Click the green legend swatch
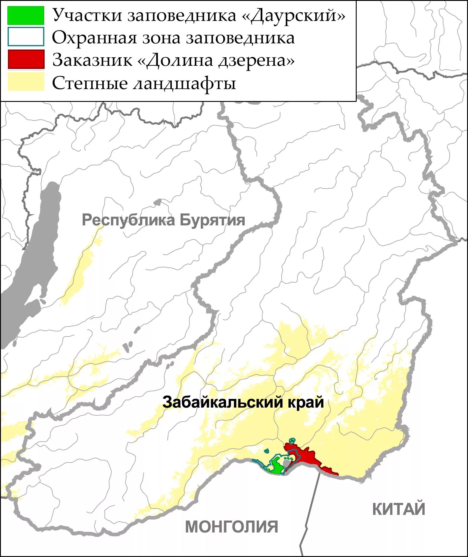tap(26, 15)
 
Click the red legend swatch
tap(26, 59)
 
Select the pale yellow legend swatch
tap(26, 81)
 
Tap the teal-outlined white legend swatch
tap(26, 37)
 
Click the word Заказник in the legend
tap(92, 60)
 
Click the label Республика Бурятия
tap(163, 220)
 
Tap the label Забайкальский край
tap(243, 402)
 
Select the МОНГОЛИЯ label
tap(231, 527)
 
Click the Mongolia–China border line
tap(310, 514)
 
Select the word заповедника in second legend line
tap(240, 38)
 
